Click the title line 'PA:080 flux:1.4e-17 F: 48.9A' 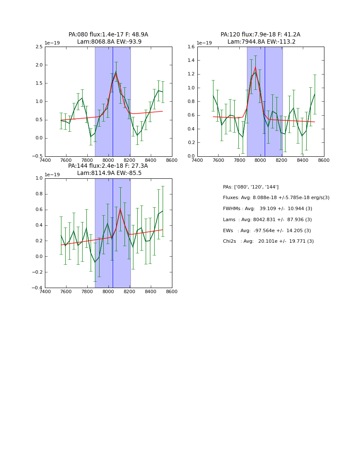pyautogui.click(x=108, y=35)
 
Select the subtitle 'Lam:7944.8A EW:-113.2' pyautogui.click(x=260, y=42)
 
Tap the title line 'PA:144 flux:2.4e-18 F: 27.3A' pyautogui.click(x=108, y=166)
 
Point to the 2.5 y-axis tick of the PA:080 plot pyautogui.click(x=39, y=47)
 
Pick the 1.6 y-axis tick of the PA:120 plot pyautogui.click(x=191, y=47)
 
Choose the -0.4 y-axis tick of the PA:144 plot pyautogui.click(x=37, y=288)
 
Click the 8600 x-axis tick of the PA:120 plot pyautogui.click(x=324, y=160)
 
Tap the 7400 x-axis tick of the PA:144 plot pyautogui.click(x=45, y=292)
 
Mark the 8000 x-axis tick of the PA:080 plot pyautogui.click(x=108, y=160)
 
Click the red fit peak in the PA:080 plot pyautogui.click(x=116, y=74)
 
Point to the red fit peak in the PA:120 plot pyautogui.click(x=255, y=67)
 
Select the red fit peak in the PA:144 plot pyautogui.click(x=120, y=209)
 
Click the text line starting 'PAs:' pyautogui.click(x=251, y=187)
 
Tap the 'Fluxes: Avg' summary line pyautogui.click(x=276, y=198)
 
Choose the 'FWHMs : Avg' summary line pyautogui.click(x=267, y=209)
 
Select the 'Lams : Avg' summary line pyautogui.click(x=267, y=220)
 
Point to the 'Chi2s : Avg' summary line pyautogui.click(x=268, y=241)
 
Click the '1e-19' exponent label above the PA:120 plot pyautogui.click(x=204, y=43)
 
